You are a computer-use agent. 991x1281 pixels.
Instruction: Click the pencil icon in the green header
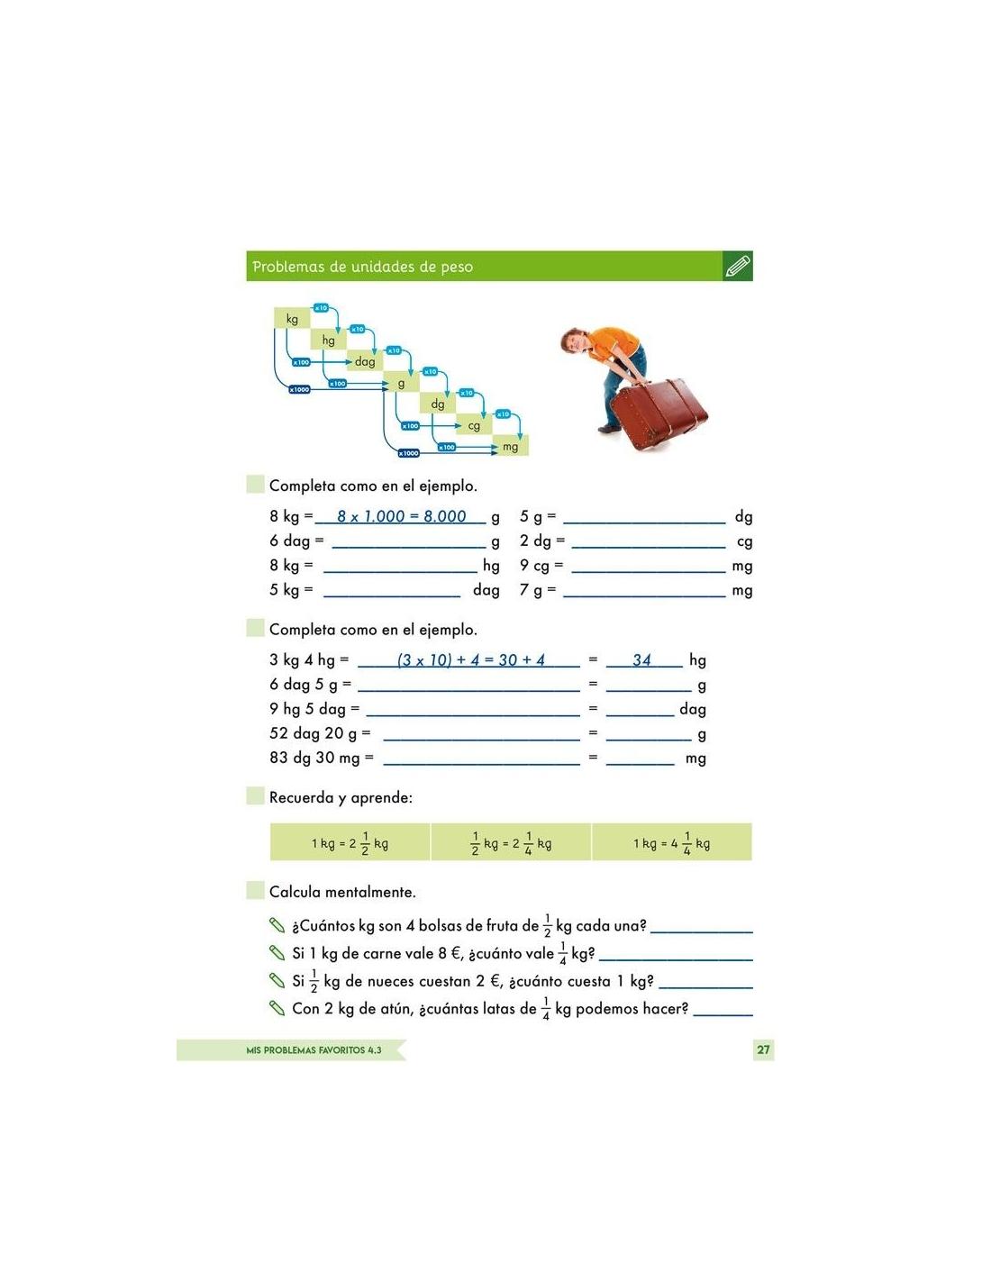(x=737, y=267)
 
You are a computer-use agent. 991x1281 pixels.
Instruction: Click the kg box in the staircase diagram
(x=292, y=319)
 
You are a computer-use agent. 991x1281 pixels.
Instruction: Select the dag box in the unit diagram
(x=365, y=361)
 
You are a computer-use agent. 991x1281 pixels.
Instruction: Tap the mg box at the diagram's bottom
(x=510, y=446)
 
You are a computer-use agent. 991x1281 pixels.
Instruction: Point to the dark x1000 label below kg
(x=299, y=389)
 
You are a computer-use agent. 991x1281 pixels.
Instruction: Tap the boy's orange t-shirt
(x=613, y=348)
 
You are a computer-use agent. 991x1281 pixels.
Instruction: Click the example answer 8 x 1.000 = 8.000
(x=401, y=516)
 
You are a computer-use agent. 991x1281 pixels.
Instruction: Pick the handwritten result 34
(x=641, y=660)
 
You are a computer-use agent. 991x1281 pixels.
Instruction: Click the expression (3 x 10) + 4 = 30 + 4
(x=470, y=660)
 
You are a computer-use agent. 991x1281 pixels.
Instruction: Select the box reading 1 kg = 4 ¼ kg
(x=671, y=843)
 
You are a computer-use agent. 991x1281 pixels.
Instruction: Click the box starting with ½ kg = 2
(x=511, y=843)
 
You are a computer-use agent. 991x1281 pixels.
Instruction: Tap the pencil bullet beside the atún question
(x=277, y=1007)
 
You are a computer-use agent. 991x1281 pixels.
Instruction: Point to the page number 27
(x=763, y=1049)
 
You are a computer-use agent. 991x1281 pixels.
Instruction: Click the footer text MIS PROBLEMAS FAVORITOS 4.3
(x=314, y=1050)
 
